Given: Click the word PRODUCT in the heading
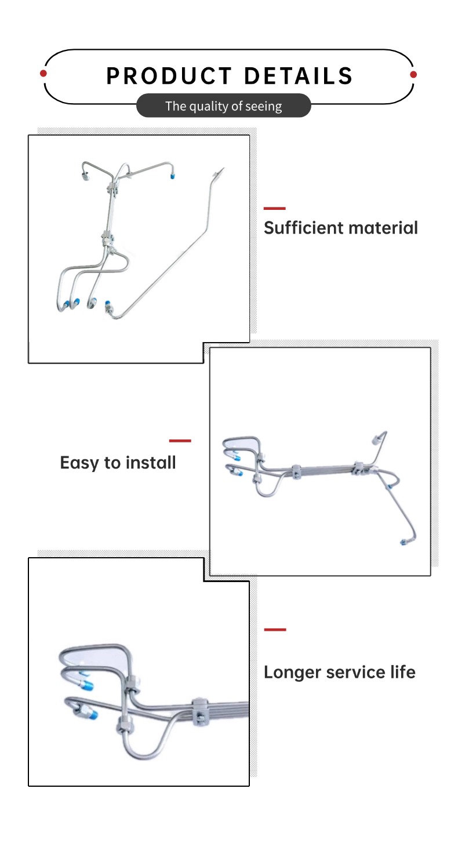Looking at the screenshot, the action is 169,76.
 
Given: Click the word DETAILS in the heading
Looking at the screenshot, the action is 299,76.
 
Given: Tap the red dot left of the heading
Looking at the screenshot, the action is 43,73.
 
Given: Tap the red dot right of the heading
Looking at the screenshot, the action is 413,75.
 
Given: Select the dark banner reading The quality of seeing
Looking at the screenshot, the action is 224,106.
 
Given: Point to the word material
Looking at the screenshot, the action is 376,228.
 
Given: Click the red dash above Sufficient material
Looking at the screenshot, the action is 275,208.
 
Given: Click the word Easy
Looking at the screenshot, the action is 79,463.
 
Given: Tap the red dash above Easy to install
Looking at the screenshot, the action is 180,441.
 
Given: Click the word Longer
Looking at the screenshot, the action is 292,673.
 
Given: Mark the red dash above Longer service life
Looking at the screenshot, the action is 275,630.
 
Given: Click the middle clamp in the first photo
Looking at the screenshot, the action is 108,239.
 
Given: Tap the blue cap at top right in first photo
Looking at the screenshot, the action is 172,176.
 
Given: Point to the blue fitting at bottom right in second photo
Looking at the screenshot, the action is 403,542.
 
